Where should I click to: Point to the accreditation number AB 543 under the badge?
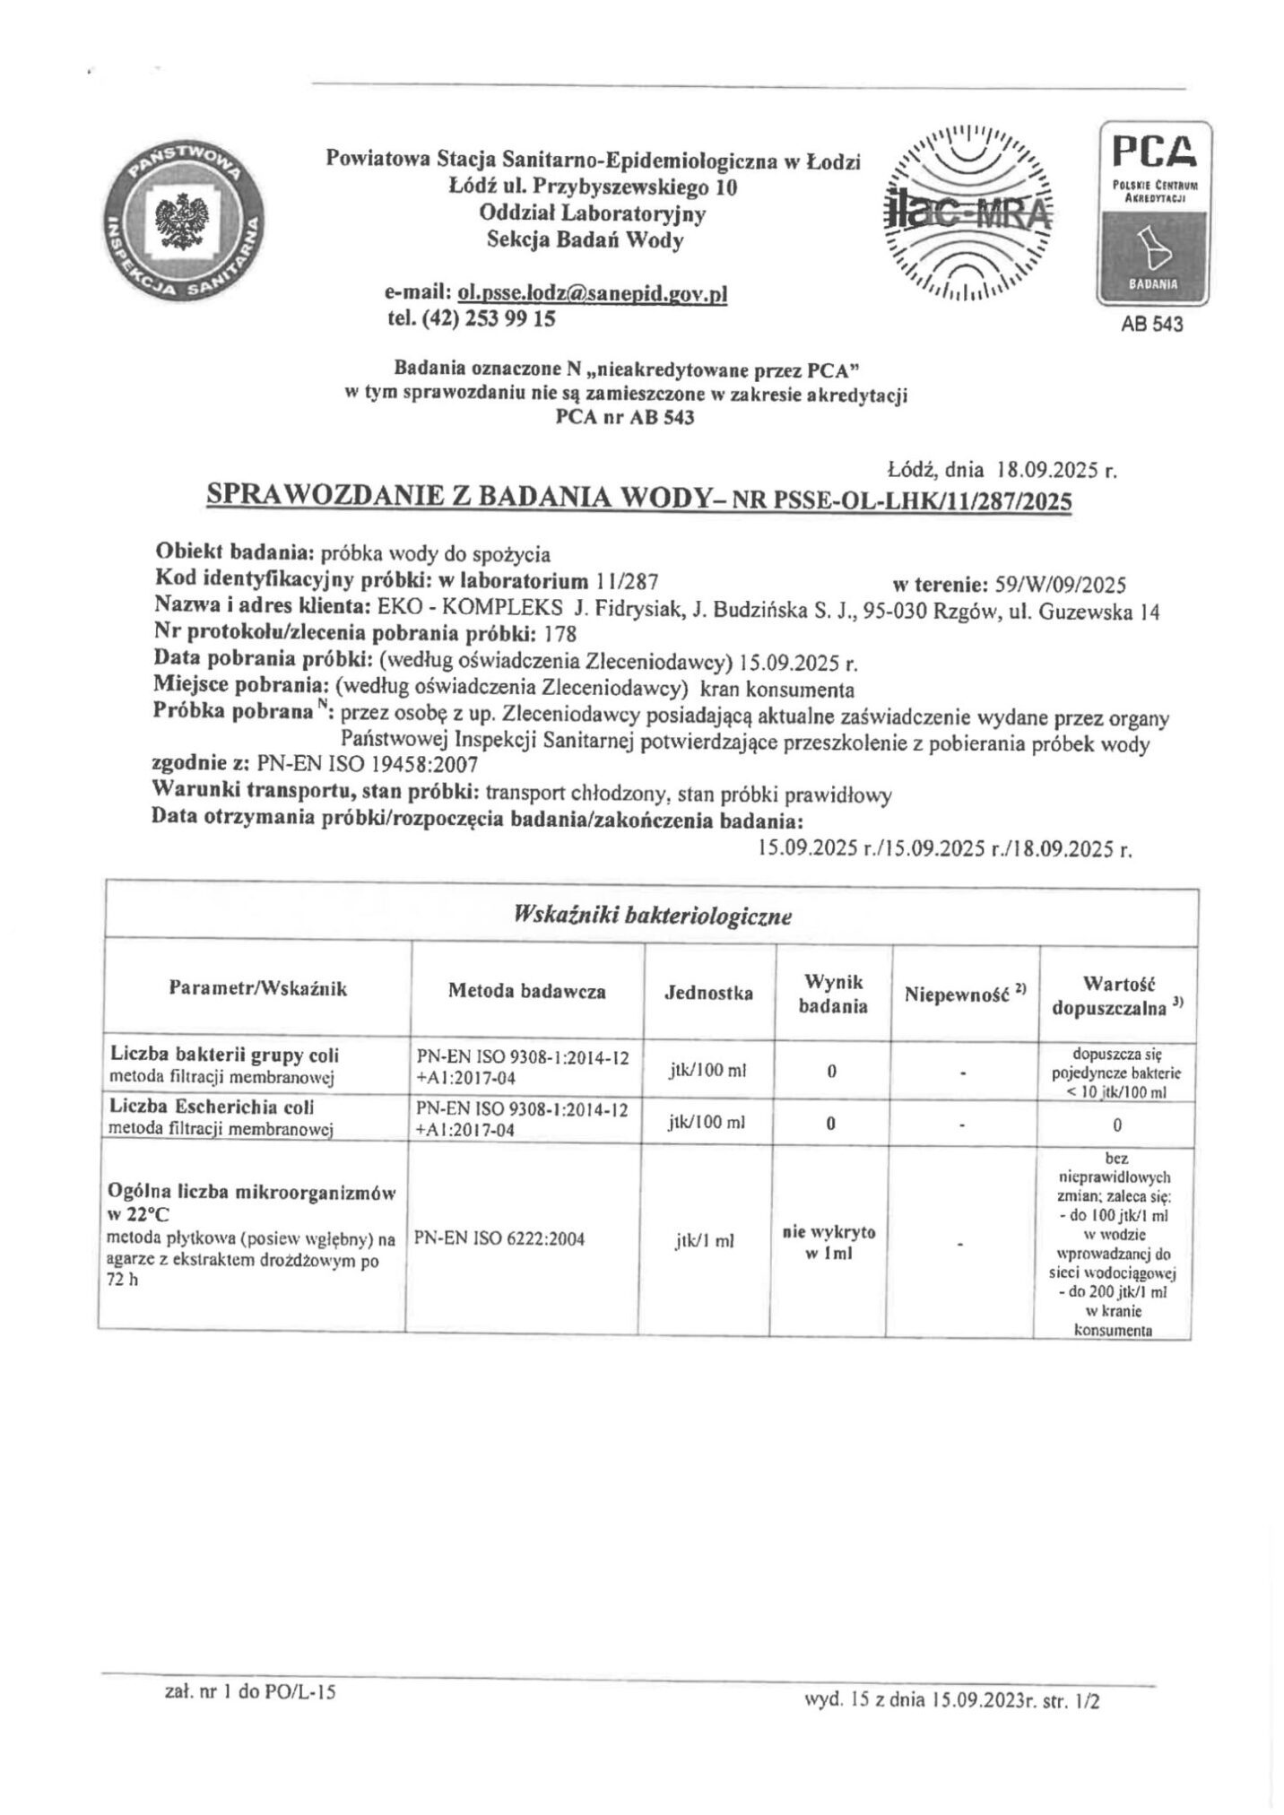[x=1151, y=324]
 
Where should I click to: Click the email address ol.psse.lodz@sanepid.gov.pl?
[x=592, y=293]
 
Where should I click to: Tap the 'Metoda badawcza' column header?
[x=526, y=991]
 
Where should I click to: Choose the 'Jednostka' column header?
[x=708, y=993]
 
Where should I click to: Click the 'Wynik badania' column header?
[x=832, y=994]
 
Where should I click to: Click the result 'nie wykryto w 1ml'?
[x=831, y=1241]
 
